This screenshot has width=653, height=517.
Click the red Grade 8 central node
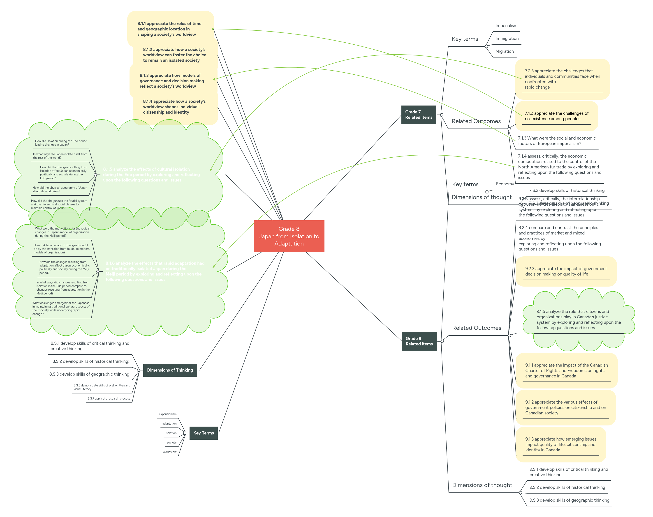[289, 236]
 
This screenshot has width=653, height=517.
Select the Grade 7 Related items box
[419, 115]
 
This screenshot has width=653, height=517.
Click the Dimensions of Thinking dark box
[170, 370]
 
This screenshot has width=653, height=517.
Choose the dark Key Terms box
[204, 433]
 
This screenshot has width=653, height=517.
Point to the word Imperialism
[506, 26]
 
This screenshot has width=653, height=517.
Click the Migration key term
[504, 51]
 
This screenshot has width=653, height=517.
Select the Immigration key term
[507, 38]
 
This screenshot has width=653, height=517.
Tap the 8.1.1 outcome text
[169, 29]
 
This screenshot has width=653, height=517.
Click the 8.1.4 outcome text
[174, 107]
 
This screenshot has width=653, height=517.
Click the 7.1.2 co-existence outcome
[556, 116]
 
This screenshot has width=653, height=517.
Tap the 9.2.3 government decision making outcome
[566, 271]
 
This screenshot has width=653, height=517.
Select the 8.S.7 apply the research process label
[109, 398]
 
